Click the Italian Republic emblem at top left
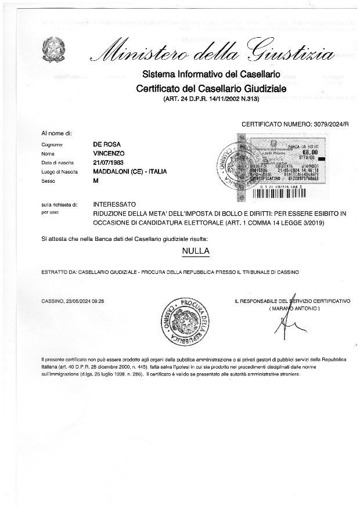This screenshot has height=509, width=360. (53, 49)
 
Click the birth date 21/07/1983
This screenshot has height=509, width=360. (109, 163)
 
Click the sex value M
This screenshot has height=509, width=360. (96, 181)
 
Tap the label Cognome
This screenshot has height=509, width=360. (51, 145)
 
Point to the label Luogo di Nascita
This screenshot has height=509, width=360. (59, 172)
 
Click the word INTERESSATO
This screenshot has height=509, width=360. (114, 205)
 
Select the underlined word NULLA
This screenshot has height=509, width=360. (196, 251)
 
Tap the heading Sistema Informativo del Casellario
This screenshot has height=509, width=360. (211, 74)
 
